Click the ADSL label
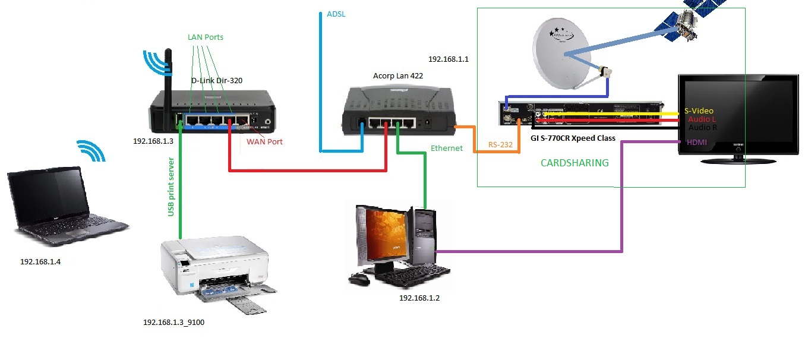pos(336,14)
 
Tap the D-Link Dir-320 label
pos(216,80)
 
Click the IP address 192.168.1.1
pos(448,59)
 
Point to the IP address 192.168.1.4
pos(40,261)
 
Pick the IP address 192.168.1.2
pos(419,298)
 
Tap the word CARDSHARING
pos(575,163)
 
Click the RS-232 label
pos(500,144)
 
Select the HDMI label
pos(696,142)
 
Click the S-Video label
pos(699,110)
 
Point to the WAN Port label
pos(264,141)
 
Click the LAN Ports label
pos(206,37)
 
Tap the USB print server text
pos(171,187)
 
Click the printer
pos(216,270)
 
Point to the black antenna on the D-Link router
pos(168,78)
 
